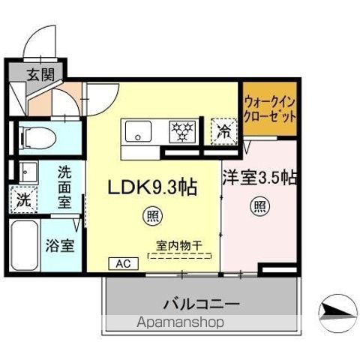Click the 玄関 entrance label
click(40, 75)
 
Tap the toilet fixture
click(38, 138)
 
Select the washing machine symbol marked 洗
click(24, 199)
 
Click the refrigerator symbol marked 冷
click(223, 131)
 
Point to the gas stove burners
click(183, 131)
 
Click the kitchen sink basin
click(138, 131)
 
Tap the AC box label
click(124, 263)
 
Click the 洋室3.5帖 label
click(259, 178)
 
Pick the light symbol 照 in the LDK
click(153, 216)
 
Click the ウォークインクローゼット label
click(270, 109)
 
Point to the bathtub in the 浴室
click(25, 246)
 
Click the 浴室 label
click(60, 245)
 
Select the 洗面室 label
click(64, 187)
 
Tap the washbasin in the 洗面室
click(28, 172)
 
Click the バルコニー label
click(202, 304)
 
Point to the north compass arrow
click(337, 313)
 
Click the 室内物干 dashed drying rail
click(179, 256)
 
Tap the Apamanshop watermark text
click(180, 322)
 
